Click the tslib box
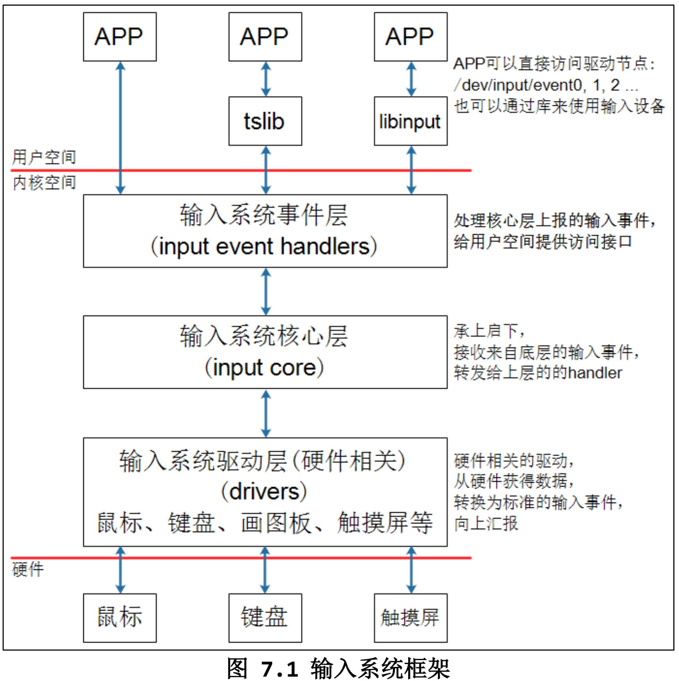point(265,121)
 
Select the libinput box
point(410,121)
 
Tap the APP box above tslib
point(265,36)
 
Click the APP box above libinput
point(410,36)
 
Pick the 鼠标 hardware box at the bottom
point(120,617)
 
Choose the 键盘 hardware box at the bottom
point(265,617)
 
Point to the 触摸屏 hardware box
point(410,617)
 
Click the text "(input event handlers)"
point(264,247)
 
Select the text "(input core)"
point(264,368)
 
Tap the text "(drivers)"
point(264,491)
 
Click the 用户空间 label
point(44,157)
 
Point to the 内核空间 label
point(44,182)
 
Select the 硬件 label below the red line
point(28,569)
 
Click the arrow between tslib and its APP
point(265,79)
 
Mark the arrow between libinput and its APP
point(411,79)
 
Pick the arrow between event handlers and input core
point(265,291)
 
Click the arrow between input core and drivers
point(265,413)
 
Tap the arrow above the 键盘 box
point(265,570)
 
